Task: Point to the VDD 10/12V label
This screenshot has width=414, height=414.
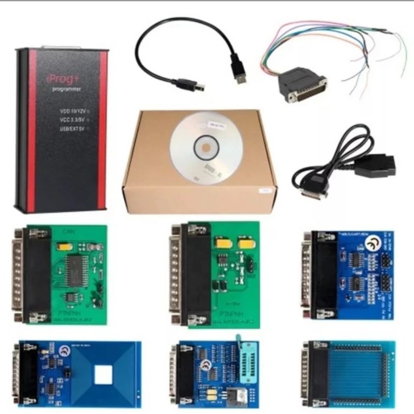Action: coord(71,110)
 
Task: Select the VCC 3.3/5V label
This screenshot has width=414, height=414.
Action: coord(71,120)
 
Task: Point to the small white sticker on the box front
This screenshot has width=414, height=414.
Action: coord(265,190)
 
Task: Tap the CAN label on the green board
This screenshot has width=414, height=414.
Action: coord(68,231)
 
